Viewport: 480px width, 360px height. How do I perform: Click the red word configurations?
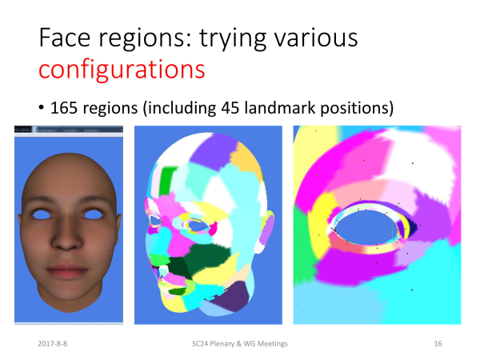[122, 70]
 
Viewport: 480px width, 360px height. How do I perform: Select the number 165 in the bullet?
[64, 108]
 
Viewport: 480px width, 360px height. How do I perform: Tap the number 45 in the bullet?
[230, 108]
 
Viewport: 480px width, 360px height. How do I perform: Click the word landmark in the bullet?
[280, 108]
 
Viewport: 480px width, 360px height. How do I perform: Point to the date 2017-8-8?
[52, 344]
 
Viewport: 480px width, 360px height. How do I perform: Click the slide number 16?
[438, 344]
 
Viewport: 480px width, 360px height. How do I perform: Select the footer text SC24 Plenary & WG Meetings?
[240, 344]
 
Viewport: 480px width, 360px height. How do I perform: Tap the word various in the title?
[316, 38]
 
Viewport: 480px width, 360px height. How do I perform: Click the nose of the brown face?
[66, 238]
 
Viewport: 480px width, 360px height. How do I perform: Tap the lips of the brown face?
[66, 271]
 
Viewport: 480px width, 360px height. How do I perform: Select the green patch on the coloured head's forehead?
[166, 181]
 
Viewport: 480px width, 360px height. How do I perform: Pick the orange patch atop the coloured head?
[246, 162]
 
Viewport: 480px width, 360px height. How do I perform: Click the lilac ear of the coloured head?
[268, 230]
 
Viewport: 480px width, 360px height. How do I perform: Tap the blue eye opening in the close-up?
[364, 227]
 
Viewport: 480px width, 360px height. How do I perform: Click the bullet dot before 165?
[42, 108]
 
